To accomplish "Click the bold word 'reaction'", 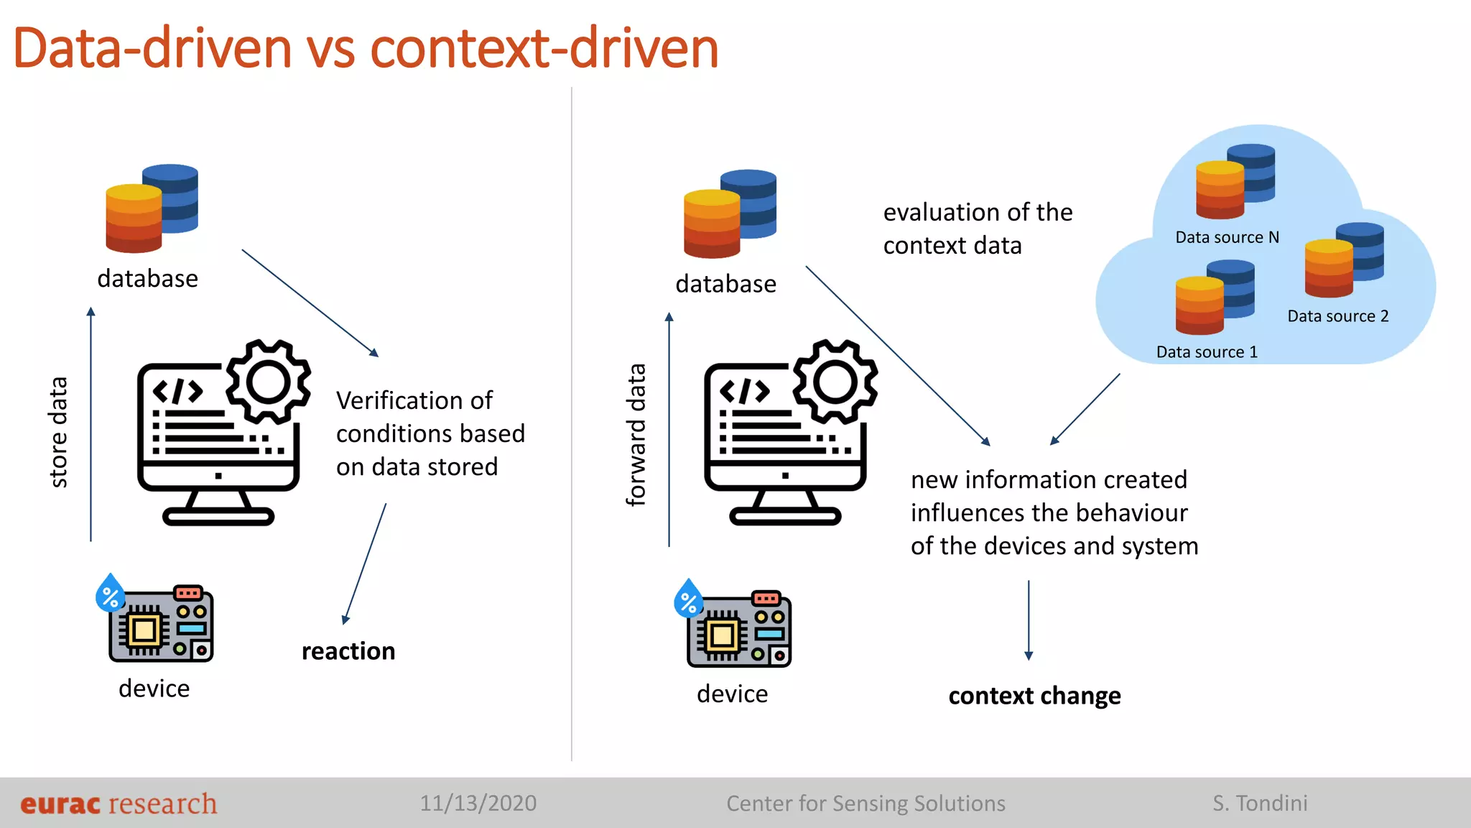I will [x=348, y=651].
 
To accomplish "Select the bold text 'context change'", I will [x=1034, y=696].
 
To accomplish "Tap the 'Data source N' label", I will [x=1227, y=237].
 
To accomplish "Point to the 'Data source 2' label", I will [x=1337, y=316].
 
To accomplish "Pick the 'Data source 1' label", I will [x=1207, y=352].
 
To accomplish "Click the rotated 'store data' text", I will [x=59, y=432].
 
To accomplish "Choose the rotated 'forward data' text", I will [x=636, y=435].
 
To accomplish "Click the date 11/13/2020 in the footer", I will [x=478, y=803].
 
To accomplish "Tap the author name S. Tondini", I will [x=1260, y=803].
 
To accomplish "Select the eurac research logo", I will [x=119, y=804].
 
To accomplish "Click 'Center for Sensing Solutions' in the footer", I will [x=866, y=803].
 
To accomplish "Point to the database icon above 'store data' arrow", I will [x=152, y=208].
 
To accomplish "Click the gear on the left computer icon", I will [x=269, y=382].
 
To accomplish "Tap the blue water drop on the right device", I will [x=688, y=599].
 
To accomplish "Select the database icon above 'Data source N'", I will [x=1235, y=181].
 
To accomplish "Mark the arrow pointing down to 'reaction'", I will [x=365, y=563].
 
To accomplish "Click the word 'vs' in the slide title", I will [x=331, y=49].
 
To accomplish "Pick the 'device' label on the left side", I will [x=154, y=689].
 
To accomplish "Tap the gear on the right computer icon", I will [x=835, y=382].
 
